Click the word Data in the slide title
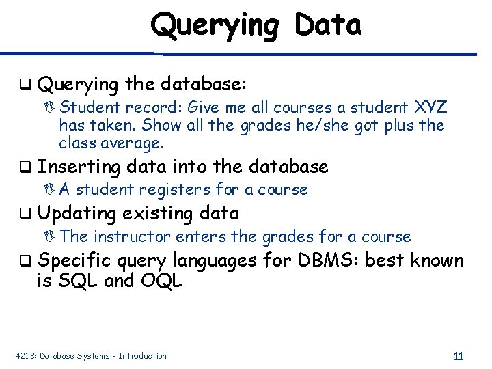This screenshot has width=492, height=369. click(328, 25)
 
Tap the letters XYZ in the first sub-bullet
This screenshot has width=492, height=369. click(430, 107)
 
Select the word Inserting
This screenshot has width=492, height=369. click(79, 167)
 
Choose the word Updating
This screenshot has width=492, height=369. click(77, 214)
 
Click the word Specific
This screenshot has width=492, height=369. click(75, 261)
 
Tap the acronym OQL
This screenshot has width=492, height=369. click(161, 280)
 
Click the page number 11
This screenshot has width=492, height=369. click(459, 356)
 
